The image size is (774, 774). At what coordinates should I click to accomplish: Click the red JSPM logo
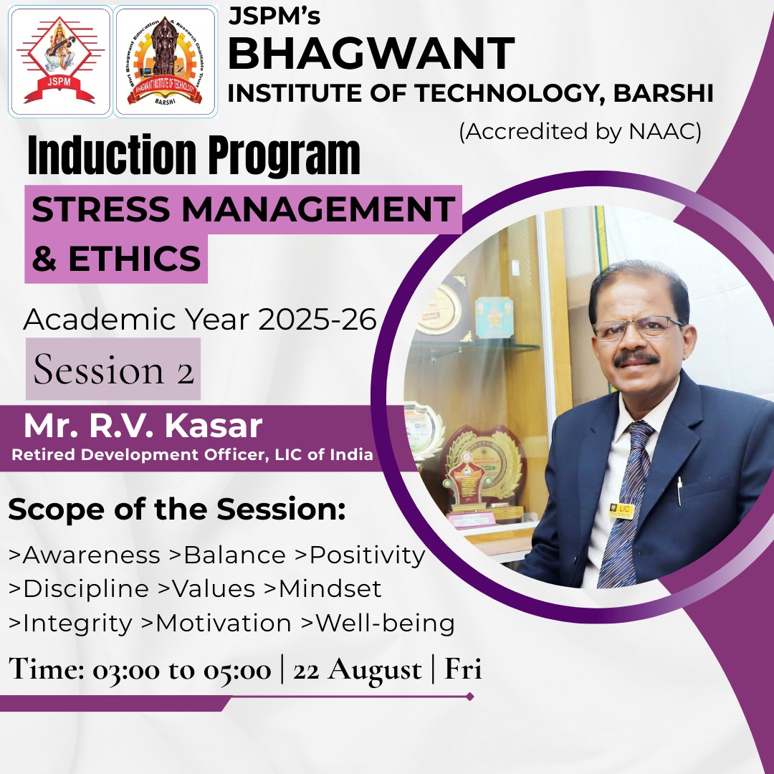point(59,61)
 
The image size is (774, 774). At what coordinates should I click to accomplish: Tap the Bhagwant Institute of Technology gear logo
point(165,61)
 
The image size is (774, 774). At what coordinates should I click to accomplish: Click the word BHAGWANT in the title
point(371,53)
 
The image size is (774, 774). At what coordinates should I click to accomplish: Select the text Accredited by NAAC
point(580,132)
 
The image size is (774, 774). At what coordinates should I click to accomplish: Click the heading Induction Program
point(193,155)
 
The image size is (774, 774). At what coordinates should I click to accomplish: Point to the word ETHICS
point(134,258)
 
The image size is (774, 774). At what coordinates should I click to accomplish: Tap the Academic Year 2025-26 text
point(200,319)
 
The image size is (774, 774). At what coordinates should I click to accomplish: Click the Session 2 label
point(113,369)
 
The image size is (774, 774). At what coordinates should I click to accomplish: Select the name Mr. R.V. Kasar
point(143,426)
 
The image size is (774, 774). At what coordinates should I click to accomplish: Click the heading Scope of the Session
point(177,509)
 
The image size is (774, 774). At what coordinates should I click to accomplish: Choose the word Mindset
point(330,588)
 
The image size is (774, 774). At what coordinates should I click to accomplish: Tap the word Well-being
point(385,623)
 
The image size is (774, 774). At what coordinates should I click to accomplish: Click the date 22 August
point(358,670)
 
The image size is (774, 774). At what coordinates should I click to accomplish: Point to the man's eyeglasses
point(638,328)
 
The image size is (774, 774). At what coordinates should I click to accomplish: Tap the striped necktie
point(624,504)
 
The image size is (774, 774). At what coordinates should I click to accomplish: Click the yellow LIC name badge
point(621,510)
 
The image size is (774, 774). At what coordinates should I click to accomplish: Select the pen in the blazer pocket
point(679,491)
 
